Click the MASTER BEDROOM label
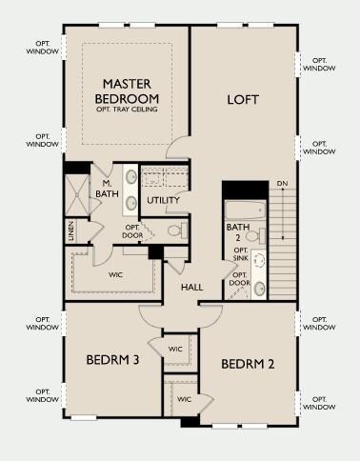click(127, 91)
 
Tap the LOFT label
click(243, 100)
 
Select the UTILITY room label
click(163, 200)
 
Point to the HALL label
click(192, 288)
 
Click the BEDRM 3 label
click(112, 360)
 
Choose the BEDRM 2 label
click(248, 364)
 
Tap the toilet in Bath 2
click(256, 236)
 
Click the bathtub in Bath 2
click(245, 210)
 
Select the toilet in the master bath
click(178, 230)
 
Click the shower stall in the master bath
click(77, 195)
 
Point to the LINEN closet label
click(71, 230)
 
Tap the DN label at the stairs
click(282, 184)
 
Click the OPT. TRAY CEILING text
click(127, 110)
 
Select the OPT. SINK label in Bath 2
click(241, 254)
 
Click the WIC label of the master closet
click(115, 275)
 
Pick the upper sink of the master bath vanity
click(130, 177)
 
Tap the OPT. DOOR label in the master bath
click(132, 231)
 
